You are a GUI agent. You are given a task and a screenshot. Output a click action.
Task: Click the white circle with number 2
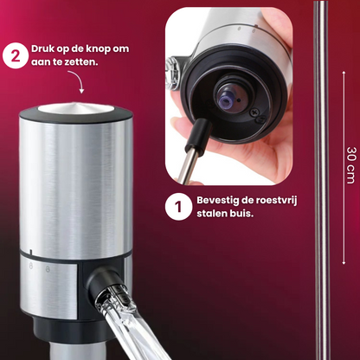16,55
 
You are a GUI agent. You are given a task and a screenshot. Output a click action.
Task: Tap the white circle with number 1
178,207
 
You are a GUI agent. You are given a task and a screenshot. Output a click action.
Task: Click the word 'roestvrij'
279,201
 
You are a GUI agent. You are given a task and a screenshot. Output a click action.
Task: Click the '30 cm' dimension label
351,165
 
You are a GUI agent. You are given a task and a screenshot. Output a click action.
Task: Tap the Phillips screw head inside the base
254,112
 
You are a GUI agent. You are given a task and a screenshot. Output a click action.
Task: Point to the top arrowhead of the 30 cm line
344,73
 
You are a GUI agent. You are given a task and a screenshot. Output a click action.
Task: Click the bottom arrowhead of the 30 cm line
344,262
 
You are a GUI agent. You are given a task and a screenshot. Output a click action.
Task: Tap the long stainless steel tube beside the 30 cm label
321,180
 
